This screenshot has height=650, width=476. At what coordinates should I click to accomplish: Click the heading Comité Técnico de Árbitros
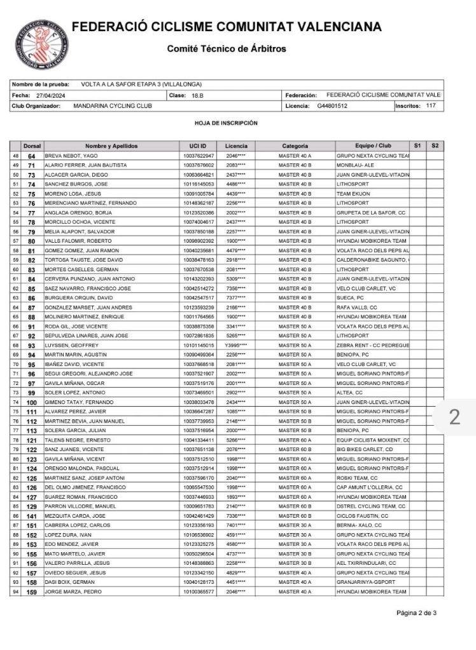(227, 49)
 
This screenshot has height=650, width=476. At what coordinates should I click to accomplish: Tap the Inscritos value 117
(431, 105)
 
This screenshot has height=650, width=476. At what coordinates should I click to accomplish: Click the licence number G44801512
(332, 106)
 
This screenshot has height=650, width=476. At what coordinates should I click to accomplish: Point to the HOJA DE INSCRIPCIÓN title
(227, 123)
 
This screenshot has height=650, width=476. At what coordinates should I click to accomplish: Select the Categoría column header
(295, 146)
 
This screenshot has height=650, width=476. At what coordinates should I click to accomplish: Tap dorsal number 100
(32, 403)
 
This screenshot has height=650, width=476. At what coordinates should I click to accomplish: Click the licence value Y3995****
(236, 345)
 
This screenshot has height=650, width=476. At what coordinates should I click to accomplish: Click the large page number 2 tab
(454, 417)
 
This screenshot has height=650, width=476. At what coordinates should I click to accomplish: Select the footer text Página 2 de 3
(416, 613)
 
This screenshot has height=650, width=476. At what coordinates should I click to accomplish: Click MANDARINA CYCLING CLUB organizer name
(108, 106)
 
